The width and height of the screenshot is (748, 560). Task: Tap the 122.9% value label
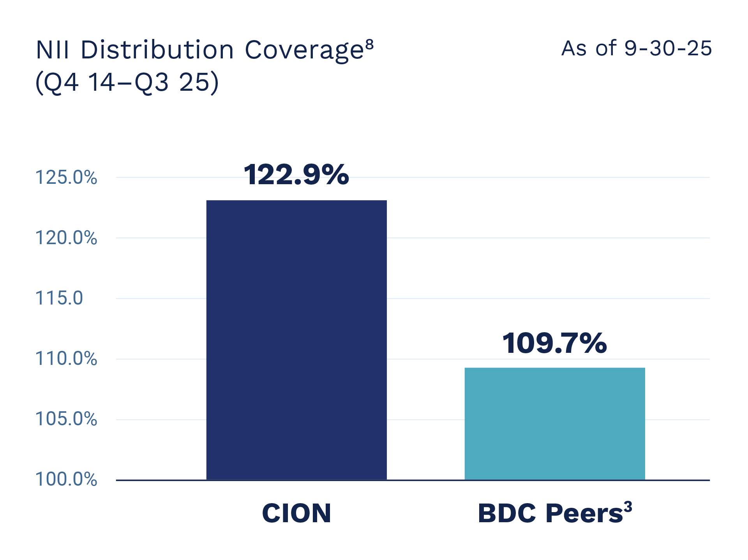point(296,174)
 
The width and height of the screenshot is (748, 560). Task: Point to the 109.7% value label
point(554,343)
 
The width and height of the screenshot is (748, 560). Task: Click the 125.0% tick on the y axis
point(66,178)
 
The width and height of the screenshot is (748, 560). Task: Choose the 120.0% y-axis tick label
point(66,238)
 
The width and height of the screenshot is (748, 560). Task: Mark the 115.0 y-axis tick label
point(59,298)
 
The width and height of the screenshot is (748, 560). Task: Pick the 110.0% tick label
point(66,359)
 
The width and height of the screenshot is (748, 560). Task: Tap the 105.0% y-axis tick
point(66,419)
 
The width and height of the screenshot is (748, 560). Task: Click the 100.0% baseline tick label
point(66,479)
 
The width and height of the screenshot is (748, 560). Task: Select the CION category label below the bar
point(296,513)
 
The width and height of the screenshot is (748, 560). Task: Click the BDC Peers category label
point(550,514)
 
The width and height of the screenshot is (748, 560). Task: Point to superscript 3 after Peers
point(628,507)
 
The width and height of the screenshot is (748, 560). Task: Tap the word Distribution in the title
point(157,50)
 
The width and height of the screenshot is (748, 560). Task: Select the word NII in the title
point(53,50)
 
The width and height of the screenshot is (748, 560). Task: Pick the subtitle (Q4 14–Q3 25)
point(127,83)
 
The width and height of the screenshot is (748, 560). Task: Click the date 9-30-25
point(668,49)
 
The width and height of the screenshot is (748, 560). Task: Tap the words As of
point(589,49)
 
